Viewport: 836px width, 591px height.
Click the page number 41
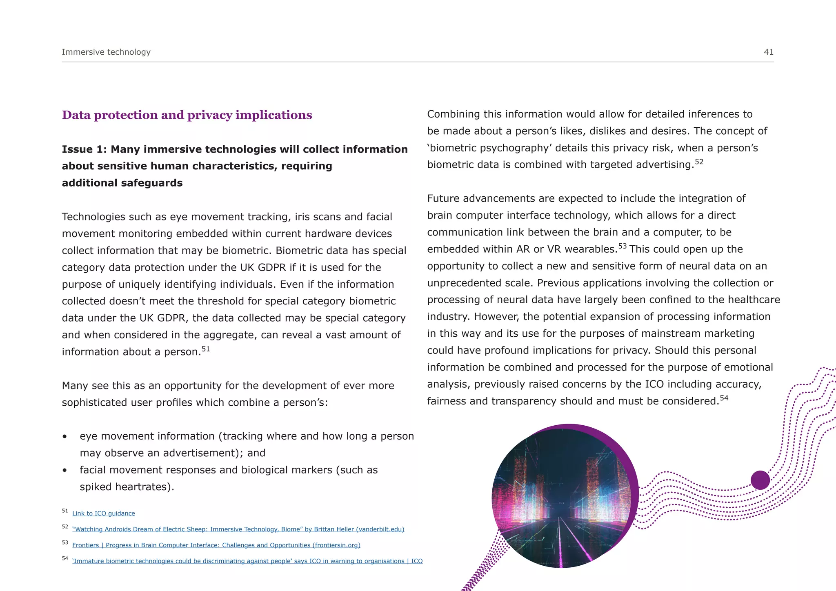(768, 52)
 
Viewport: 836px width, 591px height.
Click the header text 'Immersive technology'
(106, 52)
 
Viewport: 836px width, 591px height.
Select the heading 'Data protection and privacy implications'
(187, 115)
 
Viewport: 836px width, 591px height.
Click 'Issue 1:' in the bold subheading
(84, 149)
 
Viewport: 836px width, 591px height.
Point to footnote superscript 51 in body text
(206, 349)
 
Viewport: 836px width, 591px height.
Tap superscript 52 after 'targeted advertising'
(699, 162)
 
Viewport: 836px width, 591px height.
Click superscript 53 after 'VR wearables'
(622, 246)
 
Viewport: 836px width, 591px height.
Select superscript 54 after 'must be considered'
(724, 398)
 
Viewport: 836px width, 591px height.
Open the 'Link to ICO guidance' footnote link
(103, 513)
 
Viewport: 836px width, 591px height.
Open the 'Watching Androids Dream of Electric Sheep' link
(238, 529)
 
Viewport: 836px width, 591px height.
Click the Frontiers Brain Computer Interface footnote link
(216, 545)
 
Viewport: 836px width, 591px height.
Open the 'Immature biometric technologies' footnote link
(247, 561)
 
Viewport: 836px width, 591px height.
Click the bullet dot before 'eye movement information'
(64, 437)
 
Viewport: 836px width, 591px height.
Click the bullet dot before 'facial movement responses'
(64, 471)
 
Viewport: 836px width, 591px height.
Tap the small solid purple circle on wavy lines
(760, 480)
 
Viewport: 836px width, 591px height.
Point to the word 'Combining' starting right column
(453, 114)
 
